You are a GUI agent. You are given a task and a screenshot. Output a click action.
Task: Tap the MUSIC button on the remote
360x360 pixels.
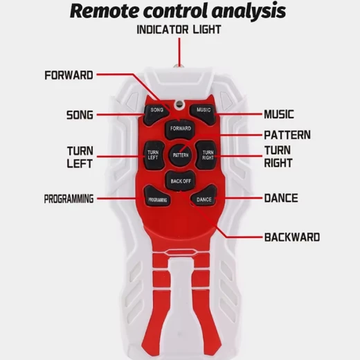pyautogui.click(x=203, y=114)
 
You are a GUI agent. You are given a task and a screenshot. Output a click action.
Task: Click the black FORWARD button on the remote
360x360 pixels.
pyautogui.click(x=181, y=129)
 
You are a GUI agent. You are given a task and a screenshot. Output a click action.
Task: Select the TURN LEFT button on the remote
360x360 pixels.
pyautogui.click(x=154, y=155)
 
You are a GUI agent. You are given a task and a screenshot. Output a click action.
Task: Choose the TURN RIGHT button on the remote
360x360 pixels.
pyautogui.click(x=207, y=155)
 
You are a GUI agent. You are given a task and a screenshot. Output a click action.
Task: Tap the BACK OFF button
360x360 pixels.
pyautogui.click(x=181, y=181)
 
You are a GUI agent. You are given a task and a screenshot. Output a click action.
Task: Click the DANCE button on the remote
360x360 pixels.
pyautogui.click(x=204, y=197)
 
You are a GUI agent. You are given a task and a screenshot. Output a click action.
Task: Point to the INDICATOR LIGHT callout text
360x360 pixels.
pyautogui.click(x=179, y=30)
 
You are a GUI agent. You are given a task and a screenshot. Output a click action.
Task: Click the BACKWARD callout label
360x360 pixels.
pyautogui.click(x=292, y=237)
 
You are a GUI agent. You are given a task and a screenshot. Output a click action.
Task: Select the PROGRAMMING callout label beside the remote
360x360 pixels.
pyautogui.click(x=69, y=199)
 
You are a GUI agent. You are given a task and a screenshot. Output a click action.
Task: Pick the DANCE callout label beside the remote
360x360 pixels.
pyautogui.click(x=281, y=198)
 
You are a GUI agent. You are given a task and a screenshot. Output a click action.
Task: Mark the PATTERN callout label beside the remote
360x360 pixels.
pyautogui.click(x=287, y=135)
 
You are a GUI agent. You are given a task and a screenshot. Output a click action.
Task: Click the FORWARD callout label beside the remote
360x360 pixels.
pyautogui.click(x=69, y=75)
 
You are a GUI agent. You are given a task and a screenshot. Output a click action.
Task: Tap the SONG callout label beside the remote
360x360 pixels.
pyautogui.click(x=80, y=115)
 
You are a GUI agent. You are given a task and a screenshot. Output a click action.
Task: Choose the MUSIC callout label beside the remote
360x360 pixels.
pyautogui.click(x=279, y=114)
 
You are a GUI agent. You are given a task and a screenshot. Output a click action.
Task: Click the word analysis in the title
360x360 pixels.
pyautogui.click(x=249, y=12)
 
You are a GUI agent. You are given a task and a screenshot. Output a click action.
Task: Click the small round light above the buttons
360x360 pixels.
pyautogui.click(x=179, y=104)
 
